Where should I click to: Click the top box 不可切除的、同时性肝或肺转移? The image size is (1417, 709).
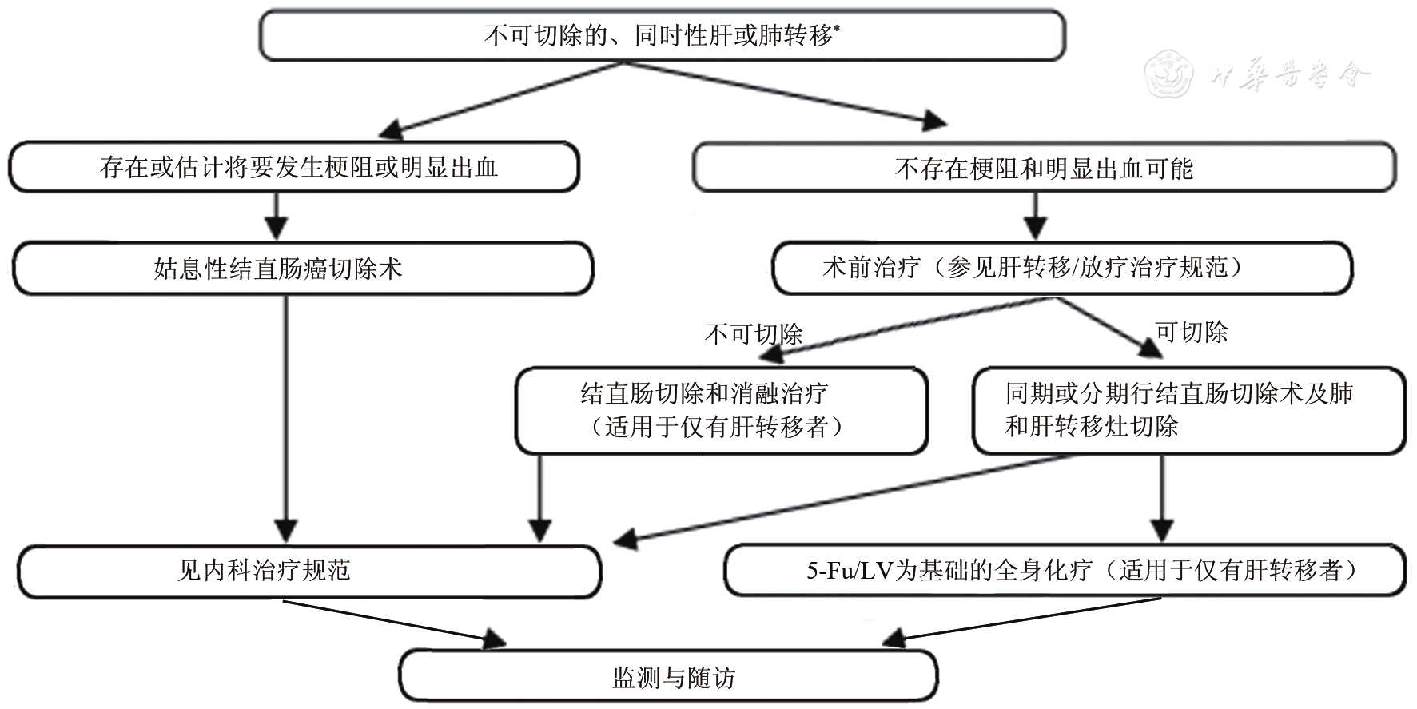tap(662, 36)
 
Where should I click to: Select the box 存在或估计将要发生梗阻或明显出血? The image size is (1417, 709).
tap(293, 167)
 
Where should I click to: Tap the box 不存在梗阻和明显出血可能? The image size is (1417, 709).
tap(1043, 169)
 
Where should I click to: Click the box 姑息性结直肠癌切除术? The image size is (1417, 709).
tap(303, 269)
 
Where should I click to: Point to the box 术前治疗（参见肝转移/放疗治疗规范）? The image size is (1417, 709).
tap(1061, 269)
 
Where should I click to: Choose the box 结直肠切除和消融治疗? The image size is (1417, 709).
tap(721, 410)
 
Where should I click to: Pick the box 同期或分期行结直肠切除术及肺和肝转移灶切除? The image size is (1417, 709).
tap(1188, 410)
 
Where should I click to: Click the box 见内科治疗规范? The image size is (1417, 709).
tap(308, 571)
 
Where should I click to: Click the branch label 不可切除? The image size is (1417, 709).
tap(753, 334)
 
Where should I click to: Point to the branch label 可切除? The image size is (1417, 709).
tap(1191, 332)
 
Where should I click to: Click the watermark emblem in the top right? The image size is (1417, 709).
tap(1168, 74)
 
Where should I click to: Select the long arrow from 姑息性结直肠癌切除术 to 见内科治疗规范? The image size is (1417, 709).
tap(285, 416)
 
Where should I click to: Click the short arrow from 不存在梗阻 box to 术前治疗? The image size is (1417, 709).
tap(1036, 216)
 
